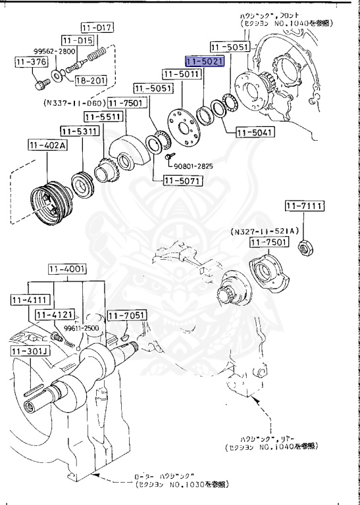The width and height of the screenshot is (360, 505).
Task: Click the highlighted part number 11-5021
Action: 205,62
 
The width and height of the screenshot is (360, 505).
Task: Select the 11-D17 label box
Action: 97,28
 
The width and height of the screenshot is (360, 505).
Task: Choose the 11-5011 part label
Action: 181,74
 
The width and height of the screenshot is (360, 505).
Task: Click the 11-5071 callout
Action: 176,178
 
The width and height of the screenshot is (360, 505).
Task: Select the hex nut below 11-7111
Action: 305,248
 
